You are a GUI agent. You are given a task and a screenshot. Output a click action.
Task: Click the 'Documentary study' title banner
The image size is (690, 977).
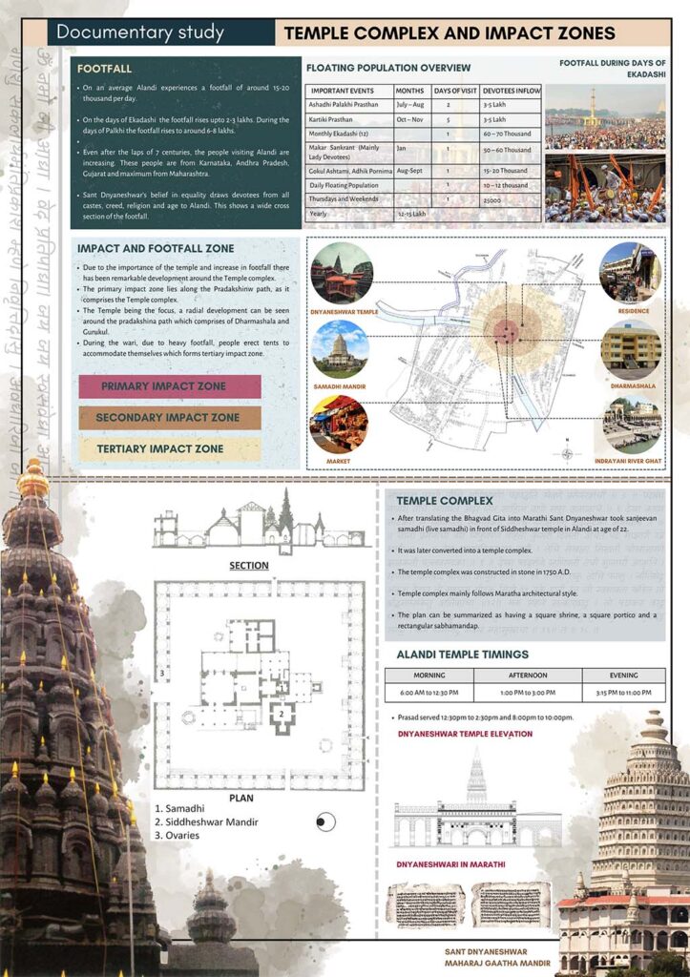tap(140, 32)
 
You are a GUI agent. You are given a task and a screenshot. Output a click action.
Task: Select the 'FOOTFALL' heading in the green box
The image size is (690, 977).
tap(105, 70)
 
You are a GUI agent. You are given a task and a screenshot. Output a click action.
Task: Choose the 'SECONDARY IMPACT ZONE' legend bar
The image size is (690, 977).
tap(169, 417)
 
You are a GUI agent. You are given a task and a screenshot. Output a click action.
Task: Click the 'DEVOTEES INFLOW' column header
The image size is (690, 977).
tap(511, 90)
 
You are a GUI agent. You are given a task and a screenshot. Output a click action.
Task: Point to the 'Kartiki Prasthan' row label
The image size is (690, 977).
tap(336, 120)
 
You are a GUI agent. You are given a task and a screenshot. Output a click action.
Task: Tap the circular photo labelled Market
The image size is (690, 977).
tap(339, 425)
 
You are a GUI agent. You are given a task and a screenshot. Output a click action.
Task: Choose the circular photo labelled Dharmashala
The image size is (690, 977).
tap(630, 349)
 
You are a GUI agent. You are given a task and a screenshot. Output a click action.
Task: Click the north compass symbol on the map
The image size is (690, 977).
tap(568, 453)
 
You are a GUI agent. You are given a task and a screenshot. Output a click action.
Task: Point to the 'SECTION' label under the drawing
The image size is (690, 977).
tap(248, 565)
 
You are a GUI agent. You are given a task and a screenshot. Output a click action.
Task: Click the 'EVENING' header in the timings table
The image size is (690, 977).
tap(624, 675)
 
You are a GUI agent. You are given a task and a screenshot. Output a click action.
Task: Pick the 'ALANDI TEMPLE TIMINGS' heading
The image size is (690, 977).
tap(462, 654)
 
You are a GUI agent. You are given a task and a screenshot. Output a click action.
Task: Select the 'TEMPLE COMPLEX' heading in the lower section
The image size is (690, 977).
tap(445, 500)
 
